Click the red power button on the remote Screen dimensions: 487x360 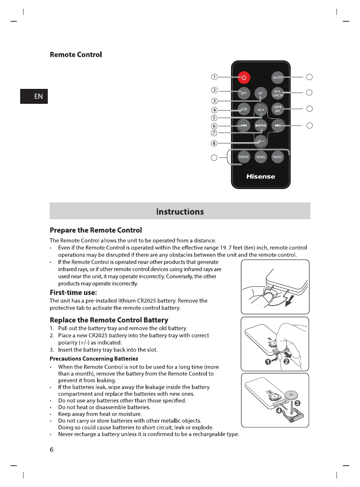pyautogui.click(x=244, y=78)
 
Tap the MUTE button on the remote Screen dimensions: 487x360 pyautogui.click(x=277, y=78)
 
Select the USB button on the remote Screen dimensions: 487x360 pyautogui.click(x=244, y=109)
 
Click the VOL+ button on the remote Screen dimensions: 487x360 pyautogui.click(x=261, y=110)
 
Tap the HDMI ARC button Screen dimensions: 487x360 pyautogui.click(x=277, y=109)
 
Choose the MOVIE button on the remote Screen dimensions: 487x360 pyautogui.click(x=244, y=157)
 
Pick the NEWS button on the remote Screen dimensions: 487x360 pyautogui.click(x=261, y=157)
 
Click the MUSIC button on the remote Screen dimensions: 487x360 pyautogui.click(x=277, y=157)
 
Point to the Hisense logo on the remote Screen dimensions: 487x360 pyautogui.click(x=261, y=177)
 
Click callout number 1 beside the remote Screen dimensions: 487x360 pyautogui.click(x=214, y=77)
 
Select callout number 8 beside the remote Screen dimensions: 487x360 pyautogui.click(x=214, y=143)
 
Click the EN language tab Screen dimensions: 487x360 pyautogui.click(x=34, y=96)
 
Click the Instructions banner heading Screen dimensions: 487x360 pyautogui.click(x=180, y=212)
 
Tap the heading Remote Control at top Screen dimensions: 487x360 pyautogui.click(x=76, y=55)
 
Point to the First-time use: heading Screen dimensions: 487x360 pyautogui.click(x=73, y=292)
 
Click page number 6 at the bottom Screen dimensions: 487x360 pyautogui.click(x=52, y=450)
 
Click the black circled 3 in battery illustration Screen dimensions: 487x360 pyautogui.click(x=297, y=403)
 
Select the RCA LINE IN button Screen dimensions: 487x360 pyautogui.click(x=277, y=93)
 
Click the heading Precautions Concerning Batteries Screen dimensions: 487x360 pyautogui.click(x=94, y=359)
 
